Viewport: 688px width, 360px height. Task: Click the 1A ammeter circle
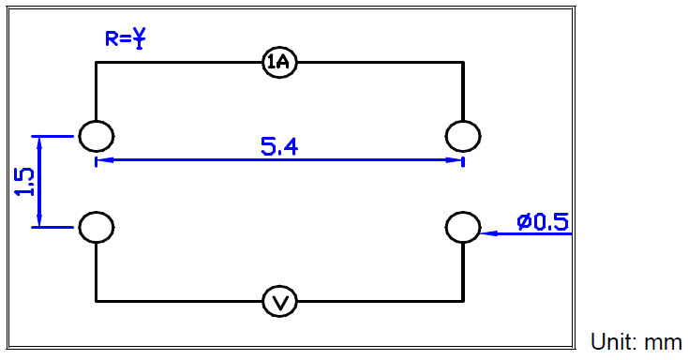279,63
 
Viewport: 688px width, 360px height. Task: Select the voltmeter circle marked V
279,301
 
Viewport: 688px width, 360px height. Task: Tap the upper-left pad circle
96,136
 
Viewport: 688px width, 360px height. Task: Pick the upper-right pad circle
463,136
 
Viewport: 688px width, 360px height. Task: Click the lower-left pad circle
96,227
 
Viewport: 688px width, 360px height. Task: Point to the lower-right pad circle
463,227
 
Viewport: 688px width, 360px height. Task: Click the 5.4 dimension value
279,146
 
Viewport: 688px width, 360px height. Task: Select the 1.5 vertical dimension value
25,182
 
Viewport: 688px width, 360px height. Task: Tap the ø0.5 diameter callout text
543,221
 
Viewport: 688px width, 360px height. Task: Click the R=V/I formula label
127,38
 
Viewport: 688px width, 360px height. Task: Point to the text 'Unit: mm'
636,341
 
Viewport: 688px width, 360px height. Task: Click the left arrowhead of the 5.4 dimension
101,160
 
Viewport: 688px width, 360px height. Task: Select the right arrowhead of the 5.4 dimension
457,160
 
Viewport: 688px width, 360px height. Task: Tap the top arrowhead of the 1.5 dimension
39,142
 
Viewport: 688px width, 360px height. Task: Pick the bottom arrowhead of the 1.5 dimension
39,221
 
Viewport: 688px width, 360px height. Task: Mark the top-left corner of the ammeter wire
96,63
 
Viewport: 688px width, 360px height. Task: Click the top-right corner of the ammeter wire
463,63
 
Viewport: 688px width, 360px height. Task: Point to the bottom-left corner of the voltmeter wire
96,301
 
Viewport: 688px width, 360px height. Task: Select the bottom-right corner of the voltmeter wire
463,301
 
